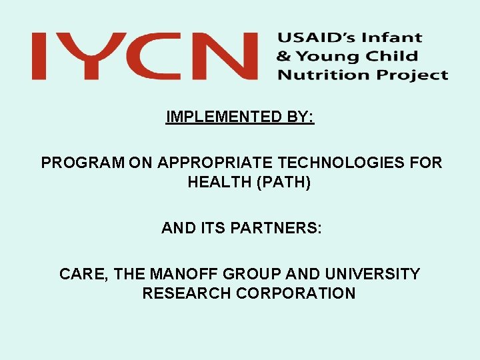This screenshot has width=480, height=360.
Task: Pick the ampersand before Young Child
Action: pyautogui.click(x=285, y=57)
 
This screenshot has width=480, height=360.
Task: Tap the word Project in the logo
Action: pyautogui.click(x=411, y=75)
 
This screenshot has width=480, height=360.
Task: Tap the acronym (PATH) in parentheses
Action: pyautogui.click(x=285, y=182)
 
